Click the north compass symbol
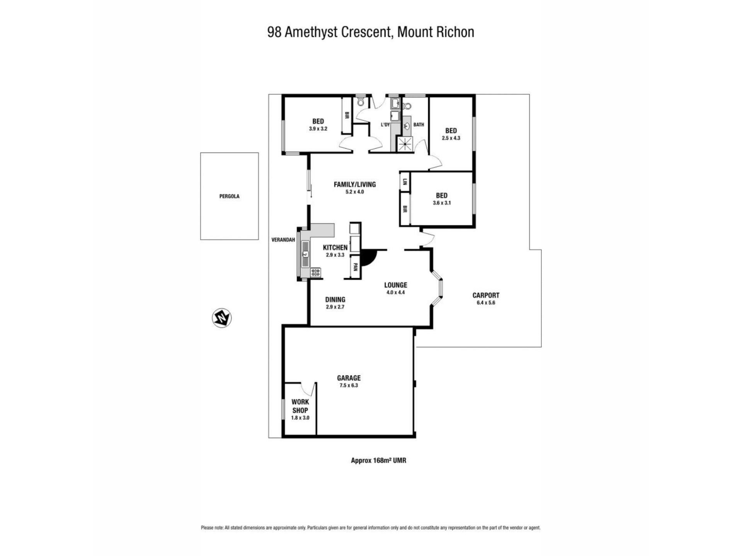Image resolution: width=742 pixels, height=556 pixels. coord(222,318)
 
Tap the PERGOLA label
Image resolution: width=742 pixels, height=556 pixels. coord(229,196)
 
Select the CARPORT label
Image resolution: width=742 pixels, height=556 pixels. coord(486,295)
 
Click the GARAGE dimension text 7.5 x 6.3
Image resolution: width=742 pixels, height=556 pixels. coord(349,385)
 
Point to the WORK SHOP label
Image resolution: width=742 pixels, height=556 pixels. coord(300,406)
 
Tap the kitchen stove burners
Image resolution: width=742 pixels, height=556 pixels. coord(316,272)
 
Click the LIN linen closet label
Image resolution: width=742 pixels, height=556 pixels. coord(405,181)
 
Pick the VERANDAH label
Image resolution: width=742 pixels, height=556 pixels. coord(283,240)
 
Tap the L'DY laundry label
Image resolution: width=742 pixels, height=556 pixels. coord(385,125)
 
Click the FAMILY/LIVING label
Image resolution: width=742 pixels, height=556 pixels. coord(355,185)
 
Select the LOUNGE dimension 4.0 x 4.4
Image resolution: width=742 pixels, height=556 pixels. coord(395,292)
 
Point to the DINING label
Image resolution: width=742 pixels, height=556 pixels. coord(335,300)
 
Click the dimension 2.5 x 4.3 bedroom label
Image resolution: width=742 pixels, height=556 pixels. coord(451,138)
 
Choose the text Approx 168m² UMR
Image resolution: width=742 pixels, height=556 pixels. coord(378,460)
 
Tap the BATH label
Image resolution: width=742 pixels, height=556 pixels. coord(419,125)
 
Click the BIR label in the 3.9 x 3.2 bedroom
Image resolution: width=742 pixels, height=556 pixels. coord(347,115)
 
